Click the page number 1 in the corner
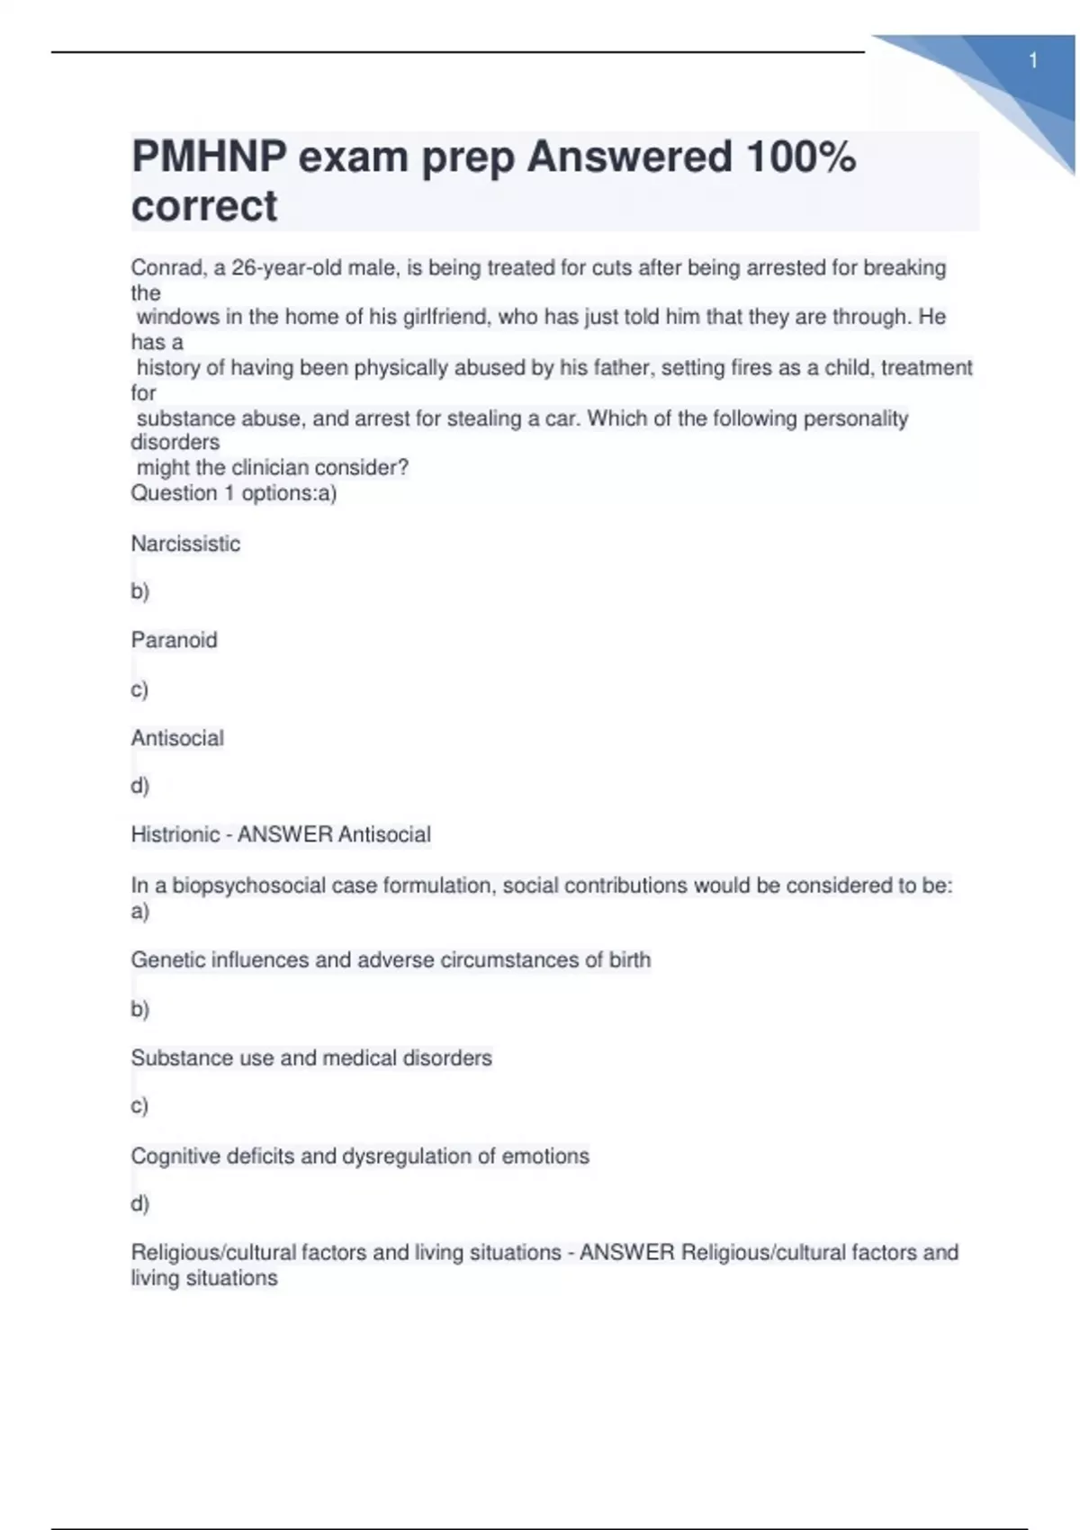(1033, 61)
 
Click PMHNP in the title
(208, 157)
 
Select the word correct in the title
(204, 206)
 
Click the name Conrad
(166, 268)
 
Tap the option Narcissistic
(185, 544)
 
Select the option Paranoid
(174, 640)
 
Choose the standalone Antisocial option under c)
(177, 738)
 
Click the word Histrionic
(175, 834)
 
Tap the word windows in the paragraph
(177, 318)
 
